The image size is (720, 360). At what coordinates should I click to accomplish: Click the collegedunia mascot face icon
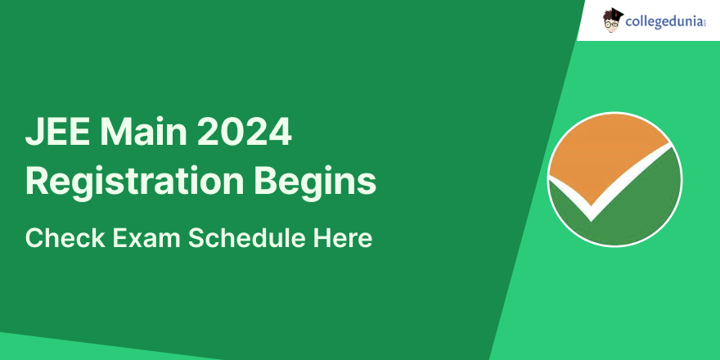(x=613, y=20)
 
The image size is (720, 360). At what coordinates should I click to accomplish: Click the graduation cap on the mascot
(x=615, y=12)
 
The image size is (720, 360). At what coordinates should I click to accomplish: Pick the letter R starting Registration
(x=36, y=182)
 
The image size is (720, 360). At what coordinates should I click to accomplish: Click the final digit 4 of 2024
(x=280, y=133)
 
